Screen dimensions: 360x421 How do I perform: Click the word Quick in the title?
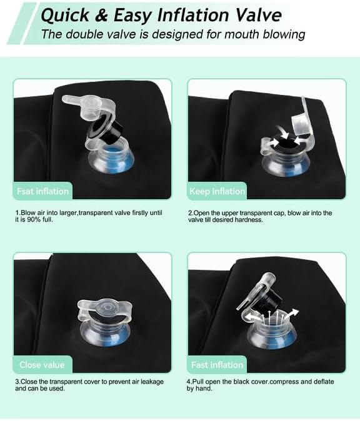[65, 15]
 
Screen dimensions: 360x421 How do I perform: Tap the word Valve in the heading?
[259, 14]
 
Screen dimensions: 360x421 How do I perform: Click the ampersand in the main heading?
[101, 15]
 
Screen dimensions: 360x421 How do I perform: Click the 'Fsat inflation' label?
[42, 191]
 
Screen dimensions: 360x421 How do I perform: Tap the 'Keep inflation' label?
[217, 191]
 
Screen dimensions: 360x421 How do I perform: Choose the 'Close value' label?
[42, 365]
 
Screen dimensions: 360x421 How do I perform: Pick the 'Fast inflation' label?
[217, 365]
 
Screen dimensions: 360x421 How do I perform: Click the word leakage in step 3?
[152, 382]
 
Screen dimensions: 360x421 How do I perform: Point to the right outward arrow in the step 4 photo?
[291, 314]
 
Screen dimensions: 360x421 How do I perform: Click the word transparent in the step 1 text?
[96, 213]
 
